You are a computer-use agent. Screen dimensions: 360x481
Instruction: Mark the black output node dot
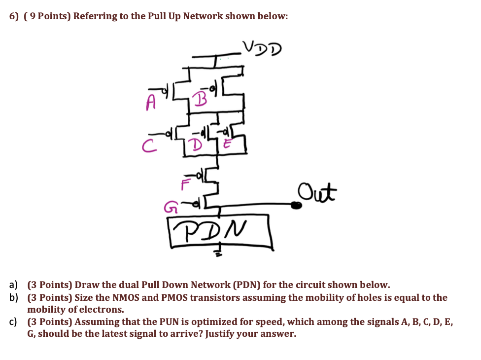pos(296,205)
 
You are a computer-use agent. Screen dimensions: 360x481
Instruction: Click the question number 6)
pos(15,16)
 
